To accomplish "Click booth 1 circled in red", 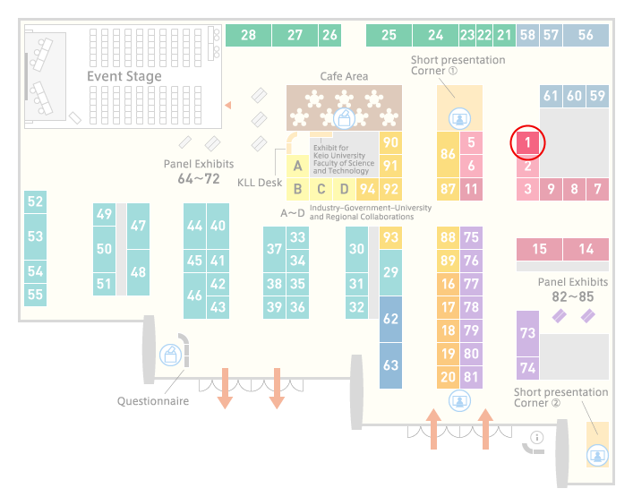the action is tap(527, 142).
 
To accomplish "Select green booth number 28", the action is tap(248, 35).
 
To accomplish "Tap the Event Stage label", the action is tap(124, 76).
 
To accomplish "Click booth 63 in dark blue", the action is tap(390, 365).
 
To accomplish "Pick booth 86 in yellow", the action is tap(448, 154).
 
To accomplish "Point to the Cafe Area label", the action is tap(344, 76).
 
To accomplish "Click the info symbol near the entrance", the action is tap(537, 437).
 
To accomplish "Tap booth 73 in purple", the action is tap(527, 333).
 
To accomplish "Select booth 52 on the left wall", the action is tap(35, 201).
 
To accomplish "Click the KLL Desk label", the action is tap(260, 183).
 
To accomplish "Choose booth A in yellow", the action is tap(297, 166).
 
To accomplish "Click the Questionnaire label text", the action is tap(153, 401).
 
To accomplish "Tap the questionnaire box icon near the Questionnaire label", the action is tap(171, 356).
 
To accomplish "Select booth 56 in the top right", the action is tap(586, 35).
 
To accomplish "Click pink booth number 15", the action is tap(539, 249).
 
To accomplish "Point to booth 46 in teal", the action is tap(194, 296).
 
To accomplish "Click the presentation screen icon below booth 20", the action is tap(459, 400).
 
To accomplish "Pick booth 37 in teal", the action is tap(274, 249).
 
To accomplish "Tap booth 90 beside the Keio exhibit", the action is tap(390, 142).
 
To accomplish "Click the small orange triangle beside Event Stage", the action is tap(228, 106).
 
